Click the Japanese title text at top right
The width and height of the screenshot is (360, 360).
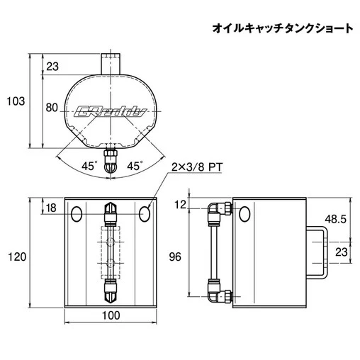[x=283, y=28]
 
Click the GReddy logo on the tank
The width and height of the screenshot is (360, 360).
[x=110, y=111]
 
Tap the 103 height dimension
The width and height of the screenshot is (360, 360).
[x=16, y=101]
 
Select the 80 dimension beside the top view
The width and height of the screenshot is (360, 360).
[x=52, y=108]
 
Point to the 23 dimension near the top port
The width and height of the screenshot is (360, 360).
[x=52, y=67]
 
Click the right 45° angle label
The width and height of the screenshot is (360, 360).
[x=135, y=166]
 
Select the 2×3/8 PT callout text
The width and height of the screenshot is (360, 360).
[x=197, y=167]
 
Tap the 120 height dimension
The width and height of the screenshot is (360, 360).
[x=17, y=257]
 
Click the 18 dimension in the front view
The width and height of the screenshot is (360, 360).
[x=51, y=208]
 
